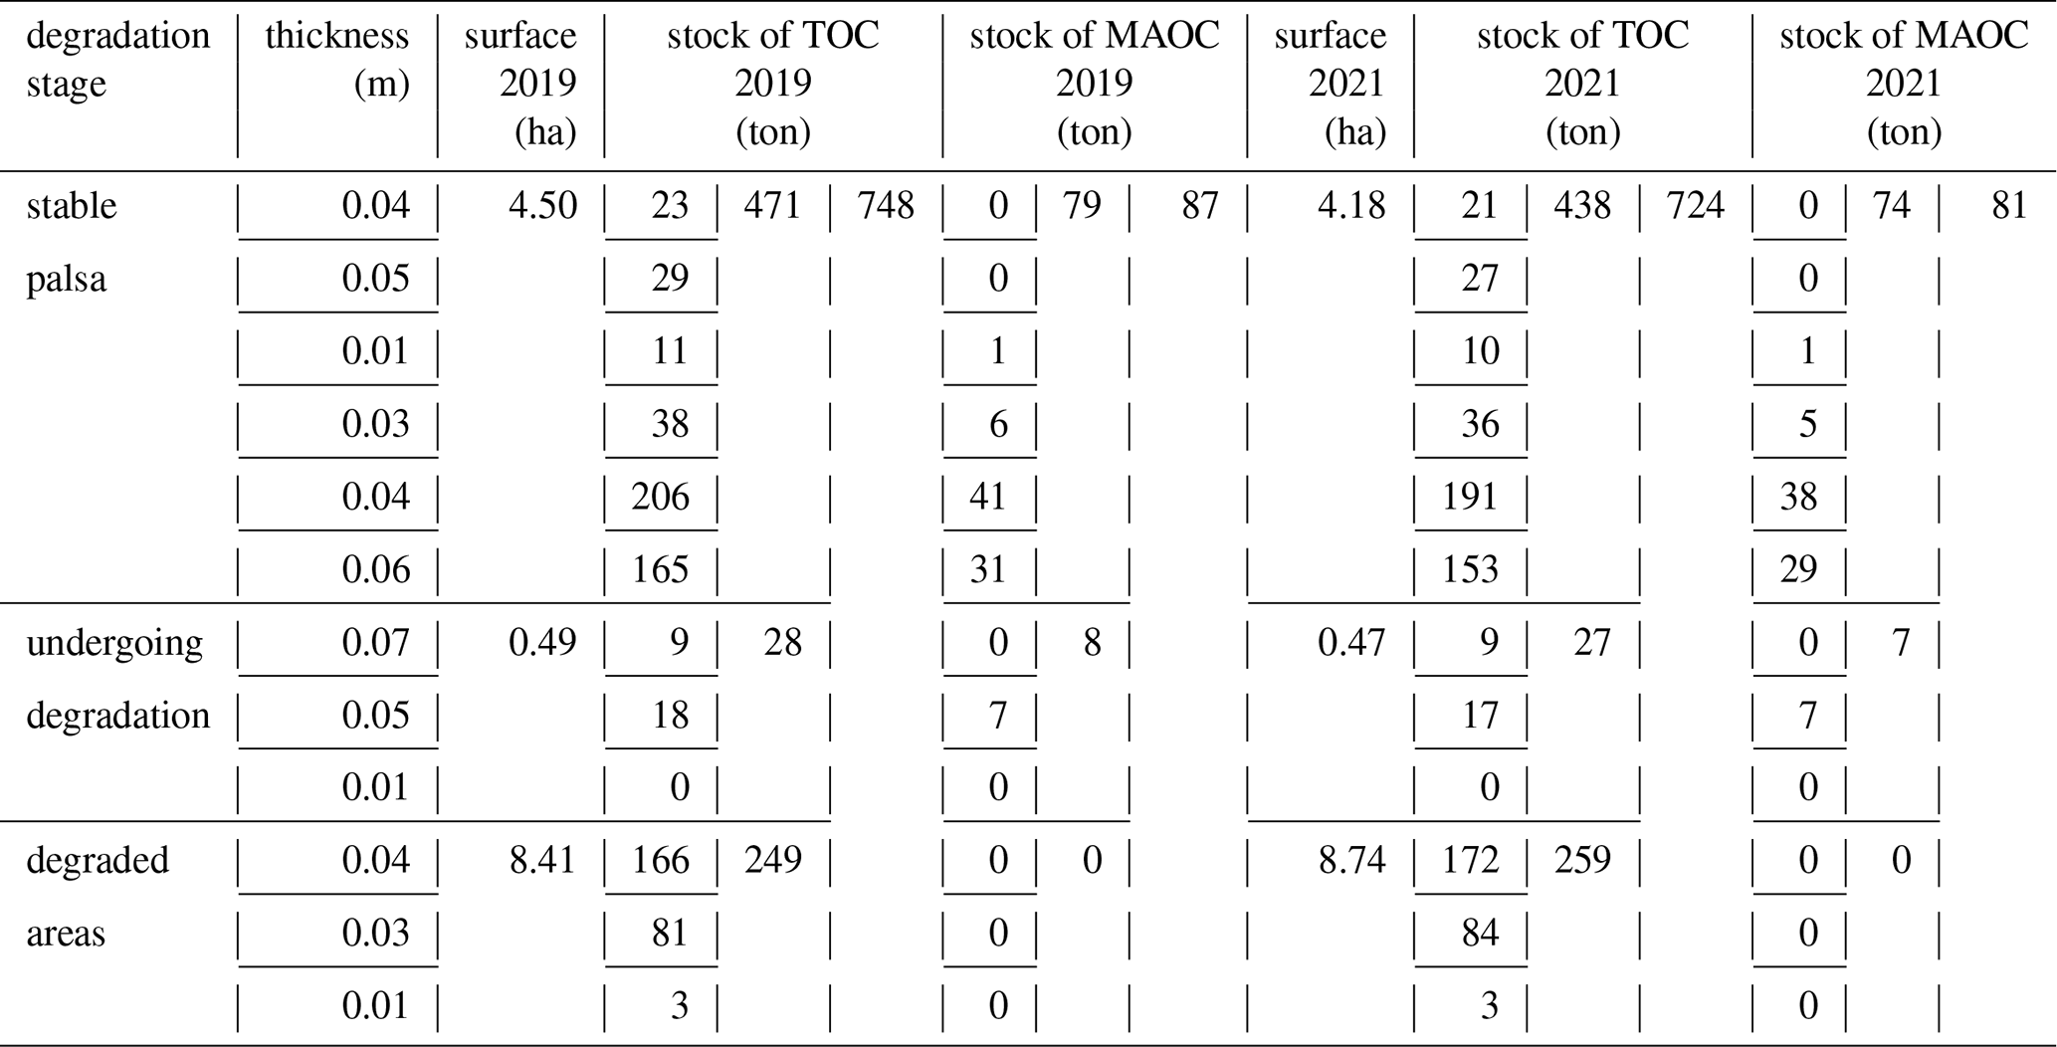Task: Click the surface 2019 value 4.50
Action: point(543,206)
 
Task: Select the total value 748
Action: point(885,206)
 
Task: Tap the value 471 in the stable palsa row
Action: point(772,206)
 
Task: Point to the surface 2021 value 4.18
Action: point(1352,206)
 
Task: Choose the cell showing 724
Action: point(1695,206)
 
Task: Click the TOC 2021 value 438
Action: point(1582,206)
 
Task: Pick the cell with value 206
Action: point(661,497)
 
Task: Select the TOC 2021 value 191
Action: point(1470,497)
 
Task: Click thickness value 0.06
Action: point(375,569)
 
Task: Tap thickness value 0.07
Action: point(375,642)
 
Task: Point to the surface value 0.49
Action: point(543,642)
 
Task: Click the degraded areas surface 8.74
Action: point(1352,860)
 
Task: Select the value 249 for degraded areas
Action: point(772,860)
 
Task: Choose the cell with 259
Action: point(1582,860)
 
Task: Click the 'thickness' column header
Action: point(336,36)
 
